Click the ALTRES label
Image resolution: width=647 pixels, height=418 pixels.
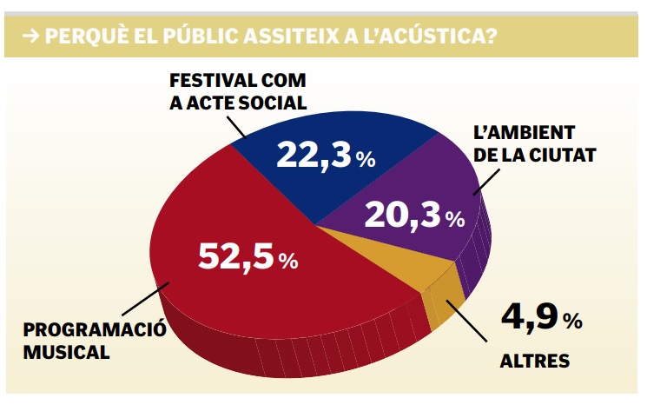[x=534, y=361]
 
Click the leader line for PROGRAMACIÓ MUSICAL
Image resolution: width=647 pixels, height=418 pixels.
[x=139, y=300]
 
